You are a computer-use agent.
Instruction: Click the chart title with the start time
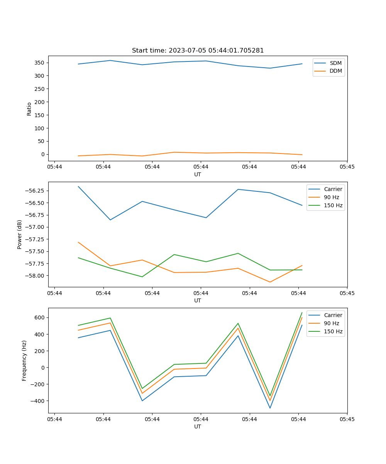pyautogui.click(x=198, y=51)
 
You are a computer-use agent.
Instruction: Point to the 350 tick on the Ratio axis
pyautogui.click(x=40, y=63)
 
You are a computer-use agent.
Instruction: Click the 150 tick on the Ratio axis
pyautogui.click(x=40, y=115)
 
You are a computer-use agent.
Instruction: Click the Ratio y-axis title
pyautogui.click(x=29, y=109)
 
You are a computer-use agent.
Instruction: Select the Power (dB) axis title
pyautogui.click(x=20, y=234)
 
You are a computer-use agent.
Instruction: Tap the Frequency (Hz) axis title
pyautogui.click(x=24, y=360)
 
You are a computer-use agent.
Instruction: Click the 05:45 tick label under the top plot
pyautogui.click(x=347, y=167)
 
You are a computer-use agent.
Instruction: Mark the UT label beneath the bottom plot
pyautogui.click(x=198, y=426)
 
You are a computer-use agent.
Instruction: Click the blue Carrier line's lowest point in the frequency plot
pyautogui.click(x=270, y=408)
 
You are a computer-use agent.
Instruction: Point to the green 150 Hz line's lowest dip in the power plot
pyautogui.click(x=142, y=277)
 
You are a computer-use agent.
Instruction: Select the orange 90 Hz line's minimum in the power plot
pyautogui.click(x=270, y=282)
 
